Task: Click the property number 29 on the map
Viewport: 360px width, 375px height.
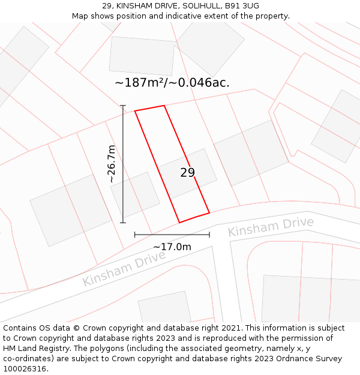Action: [x=188, y=173]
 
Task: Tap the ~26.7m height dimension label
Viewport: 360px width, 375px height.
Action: [x=112, y=164]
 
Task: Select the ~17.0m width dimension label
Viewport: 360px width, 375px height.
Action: [x=172, y=247]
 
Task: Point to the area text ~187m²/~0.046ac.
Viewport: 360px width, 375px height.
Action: [x=172, y=83]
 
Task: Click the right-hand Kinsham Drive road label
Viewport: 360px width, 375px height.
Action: [x=271, y=227]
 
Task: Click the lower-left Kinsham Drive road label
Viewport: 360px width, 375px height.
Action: [x=124, y=269]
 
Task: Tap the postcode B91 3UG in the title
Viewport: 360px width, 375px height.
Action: [x=242, y=6]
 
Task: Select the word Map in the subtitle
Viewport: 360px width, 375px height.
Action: [x=80, y=16]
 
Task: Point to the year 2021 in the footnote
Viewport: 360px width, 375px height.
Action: [x=229, y=328]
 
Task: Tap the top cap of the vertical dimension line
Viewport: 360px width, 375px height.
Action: [x=123, y=106]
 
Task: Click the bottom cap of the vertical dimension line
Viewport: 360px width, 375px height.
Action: [x=123, y=223]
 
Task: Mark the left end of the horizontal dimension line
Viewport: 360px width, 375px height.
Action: [x=135, y=235]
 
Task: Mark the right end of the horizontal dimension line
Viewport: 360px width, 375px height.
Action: [x=209, y=235]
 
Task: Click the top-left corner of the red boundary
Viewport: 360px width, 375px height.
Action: [x=135, y=111]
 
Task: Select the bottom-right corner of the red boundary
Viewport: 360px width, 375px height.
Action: [x=209, y=212]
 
